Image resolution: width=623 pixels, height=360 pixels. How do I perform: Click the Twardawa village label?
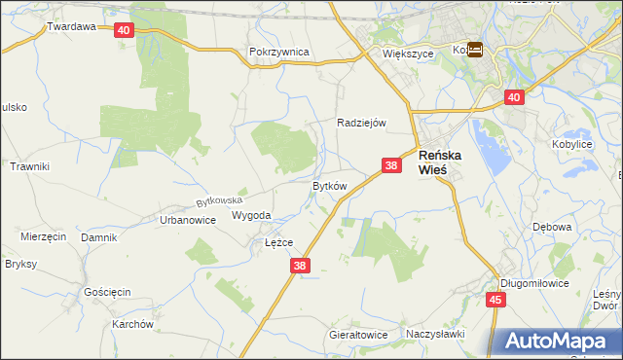point(71,26)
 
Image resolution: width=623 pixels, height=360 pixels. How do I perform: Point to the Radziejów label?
point(362,123)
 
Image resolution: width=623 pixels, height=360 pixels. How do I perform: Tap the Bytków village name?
point(329,185)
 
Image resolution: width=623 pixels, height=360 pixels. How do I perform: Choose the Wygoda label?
point(251,215)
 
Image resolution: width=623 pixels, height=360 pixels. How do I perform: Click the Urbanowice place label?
point(187,220)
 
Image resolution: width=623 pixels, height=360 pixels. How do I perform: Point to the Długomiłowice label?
point(531,283)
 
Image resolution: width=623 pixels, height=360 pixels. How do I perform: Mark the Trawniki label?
point(29,166)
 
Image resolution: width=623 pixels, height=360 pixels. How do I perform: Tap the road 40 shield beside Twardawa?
point(123,30)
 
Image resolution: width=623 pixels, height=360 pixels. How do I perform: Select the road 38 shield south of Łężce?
point(300,265)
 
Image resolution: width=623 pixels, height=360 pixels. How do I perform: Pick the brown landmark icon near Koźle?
point(475,50)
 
